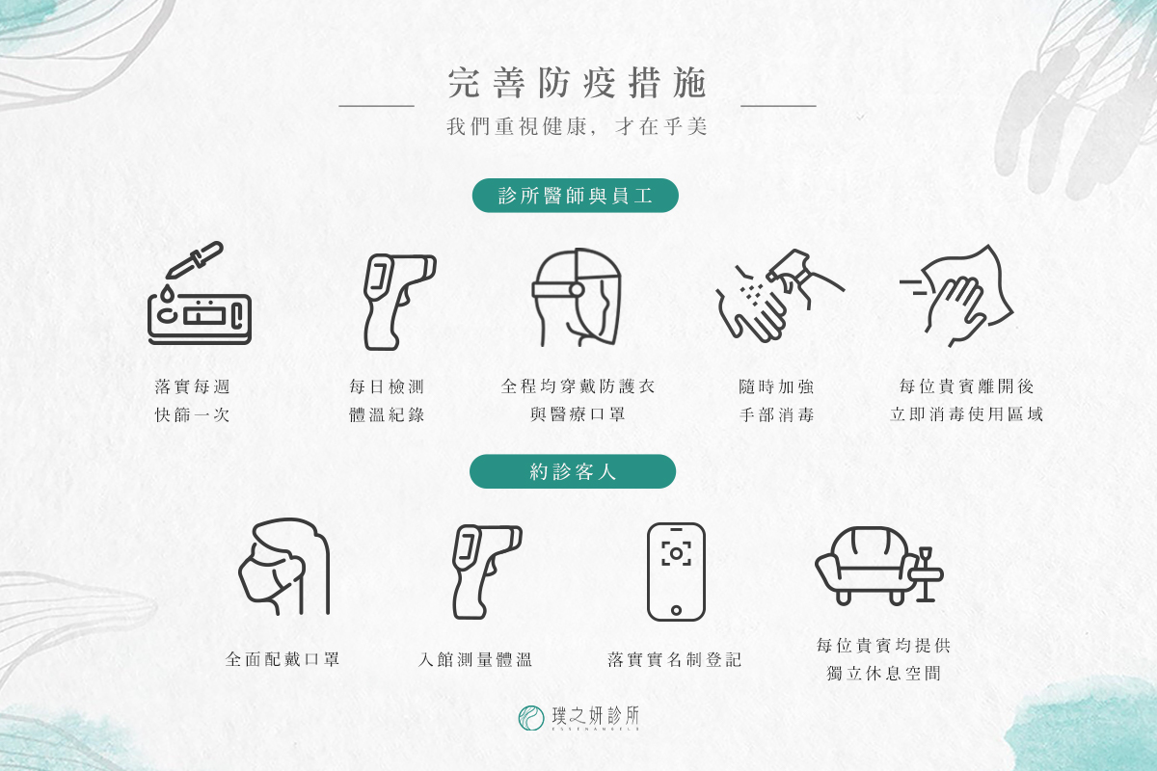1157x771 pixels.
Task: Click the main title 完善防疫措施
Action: tap(577, 83)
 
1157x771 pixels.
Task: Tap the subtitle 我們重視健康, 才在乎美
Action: tap(577, 126)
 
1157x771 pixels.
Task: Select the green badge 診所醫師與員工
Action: tap(575, 196)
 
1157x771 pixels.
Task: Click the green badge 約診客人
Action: tap(573, 471)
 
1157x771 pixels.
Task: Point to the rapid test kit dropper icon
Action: tap(200, 293)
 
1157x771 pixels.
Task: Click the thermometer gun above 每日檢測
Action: tap(399, 302)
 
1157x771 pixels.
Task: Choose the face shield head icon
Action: tap(577, 298)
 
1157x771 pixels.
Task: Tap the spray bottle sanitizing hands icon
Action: tap(780, 296)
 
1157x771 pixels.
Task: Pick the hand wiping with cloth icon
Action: tap(956, 296)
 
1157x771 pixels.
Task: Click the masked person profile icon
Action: tap(284, 567)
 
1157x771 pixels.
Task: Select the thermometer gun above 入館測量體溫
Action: tap(487, 572)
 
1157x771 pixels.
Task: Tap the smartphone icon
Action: tap(676, 572)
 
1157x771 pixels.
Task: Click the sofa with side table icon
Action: tap(879, 566)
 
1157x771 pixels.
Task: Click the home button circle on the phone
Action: tap(676, 610)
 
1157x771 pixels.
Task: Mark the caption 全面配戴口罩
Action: tap(282, 659)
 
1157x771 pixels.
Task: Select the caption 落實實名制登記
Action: tap(675, 659)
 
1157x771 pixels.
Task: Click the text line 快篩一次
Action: tap(192, 414)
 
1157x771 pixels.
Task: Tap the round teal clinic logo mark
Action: tap(531, 718)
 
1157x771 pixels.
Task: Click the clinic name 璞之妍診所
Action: tap(596, 716)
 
